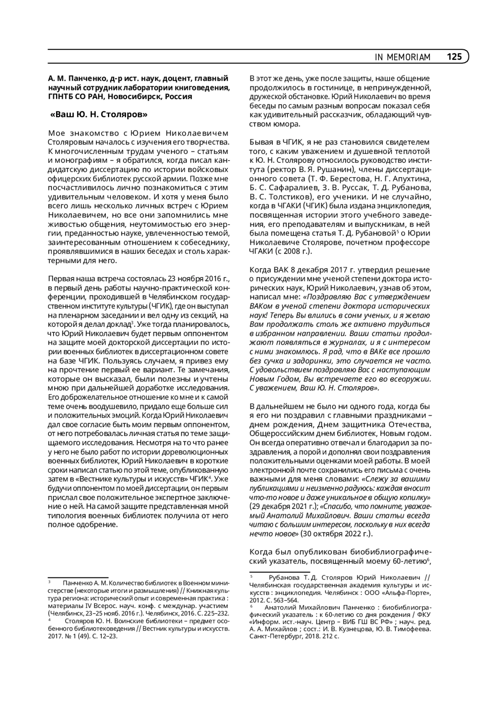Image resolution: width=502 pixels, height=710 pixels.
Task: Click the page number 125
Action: [x=454, y=56]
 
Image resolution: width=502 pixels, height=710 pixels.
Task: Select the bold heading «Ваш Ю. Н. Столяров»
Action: [x=99, y=114]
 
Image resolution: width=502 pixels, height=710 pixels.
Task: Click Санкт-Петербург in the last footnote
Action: [x=275, y=636]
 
